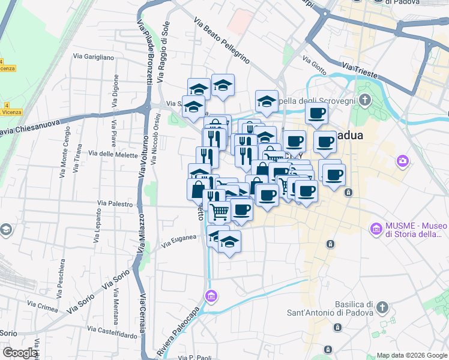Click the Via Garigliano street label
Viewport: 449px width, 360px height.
(93, 57)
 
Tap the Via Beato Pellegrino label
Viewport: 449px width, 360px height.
(221, 41)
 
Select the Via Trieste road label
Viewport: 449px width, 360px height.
(360, 69)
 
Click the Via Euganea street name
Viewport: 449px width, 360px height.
(179, 241)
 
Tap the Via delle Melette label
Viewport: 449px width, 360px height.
(113, 154)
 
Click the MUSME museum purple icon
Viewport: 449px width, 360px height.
(376, 229)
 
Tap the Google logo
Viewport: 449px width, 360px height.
(20, 353)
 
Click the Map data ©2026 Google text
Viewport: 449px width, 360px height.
(411, 355)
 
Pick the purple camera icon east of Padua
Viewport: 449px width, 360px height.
(402, 161)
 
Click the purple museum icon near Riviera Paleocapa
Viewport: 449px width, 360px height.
(210, 296)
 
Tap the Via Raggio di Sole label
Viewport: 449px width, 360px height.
(163, 52)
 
